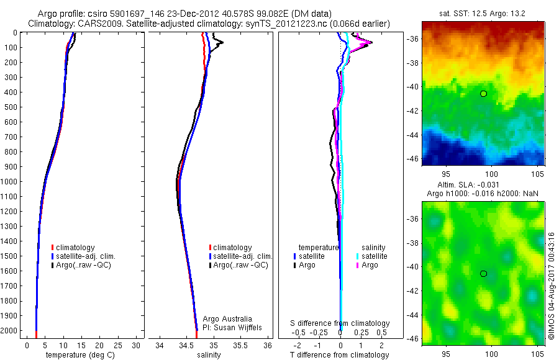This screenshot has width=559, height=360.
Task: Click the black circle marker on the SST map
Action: (483, 94)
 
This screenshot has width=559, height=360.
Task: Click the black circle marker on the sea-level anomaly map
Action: (483, 274)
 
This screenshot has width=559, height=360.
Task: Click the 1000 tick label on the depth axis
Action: (11, 182)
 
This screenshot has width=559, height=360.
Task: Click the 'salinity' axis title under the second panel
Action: (208, 355)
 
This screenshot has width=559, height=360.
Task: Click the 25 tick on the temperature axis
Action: (119, 345)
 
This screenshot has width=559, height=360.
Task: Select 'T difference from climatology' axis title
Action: (340, 355)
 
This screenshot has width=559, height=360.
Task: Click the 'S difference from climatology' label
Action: (340, 323)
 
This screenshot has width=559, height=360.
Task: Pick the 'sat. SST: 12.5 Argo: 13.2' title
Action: (483, 14)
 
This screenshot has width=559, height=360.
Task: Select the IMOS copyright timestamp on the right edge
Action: (551, 286)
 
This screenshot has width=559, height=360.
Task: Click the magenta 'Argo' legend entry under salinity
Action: (370, 265)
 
